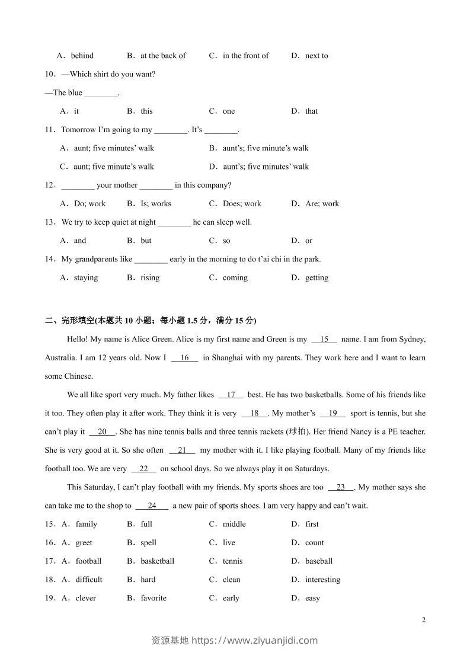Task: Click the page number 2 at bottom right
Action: point(423,620)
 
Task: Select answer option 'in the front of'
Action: point(245,56)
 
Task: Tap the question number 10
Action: point(50,74)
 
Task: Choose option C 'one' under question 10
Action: point(229,111)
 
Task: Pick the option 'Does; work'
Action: point(242,203)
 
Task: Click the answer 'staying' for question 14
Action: point(86,277)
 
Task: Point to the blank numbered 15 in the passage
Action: point(324,339)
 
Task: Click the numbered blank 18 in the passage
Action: point(255,413)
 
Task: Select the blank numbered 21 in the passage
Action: point(182,450)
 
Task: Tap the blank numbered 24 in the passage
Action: point(152,506)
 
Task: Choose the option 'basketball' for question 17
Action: point(157,561)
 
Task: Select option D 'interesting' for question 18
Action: point(322,579)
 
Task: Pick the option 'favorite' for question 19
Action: point(154,598)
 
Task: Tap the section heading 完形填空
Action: point(78,321)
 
